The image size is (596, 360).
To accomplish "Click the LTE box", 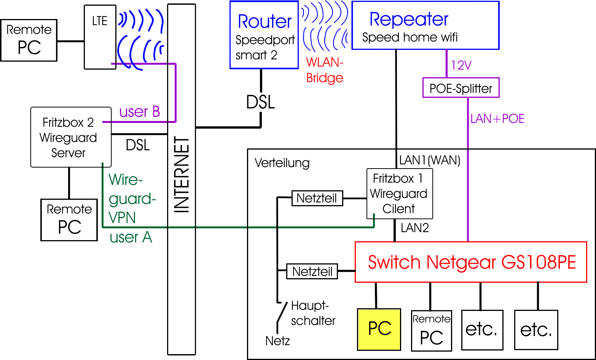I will (x=100, y=37).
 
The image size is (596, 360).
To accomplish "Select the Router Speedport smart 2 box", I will (x=264, y=35).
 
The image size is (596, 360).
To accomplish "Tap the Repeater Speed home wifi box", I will (x=425, y=25).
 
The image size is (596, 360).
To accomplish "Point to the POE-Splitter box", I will (x=461, y=88).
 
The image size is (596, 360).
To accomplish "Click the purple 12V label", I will (x=461, y=65).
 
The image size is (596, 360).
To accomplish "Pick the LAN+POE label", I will (x=497, y=119).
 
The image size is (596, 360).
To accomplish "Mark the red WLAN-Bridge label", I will (x=325, y=70).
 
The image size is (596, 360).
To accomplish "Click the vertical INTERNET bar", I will (x=182, y=179).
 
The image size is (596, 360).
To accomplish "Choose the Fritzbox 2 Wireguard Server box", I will (x=71, y=137).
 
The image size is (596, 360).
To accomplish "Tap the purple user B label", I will (x=139, y=112).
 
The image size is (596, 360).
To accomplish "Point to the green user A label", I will (x=131, y=237).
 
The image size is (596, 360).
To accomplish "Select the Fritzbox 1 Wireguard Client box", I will (x=399, y=194).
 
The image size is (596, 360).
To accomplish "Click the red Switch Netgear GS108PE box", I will (x=471, y=262).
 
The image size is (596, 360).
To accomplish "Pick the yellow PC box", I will (x=379, y=329).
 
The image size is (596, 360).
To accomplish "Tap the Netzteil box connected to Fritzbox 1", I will (x=317, y=198).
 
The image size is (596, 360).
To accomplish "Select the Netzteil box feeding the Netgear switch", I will (x=312, y=271).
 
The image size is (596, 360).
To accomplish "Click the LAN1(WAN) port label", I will (x=429, y=160).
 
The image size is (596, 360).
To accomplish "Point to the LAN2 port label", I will (x=415, y=228).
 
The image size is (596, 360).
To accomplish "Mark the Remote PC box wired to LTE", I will (x=29, y=40).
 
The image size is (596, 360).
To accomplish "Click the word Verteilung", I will (x=282, y=163).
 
